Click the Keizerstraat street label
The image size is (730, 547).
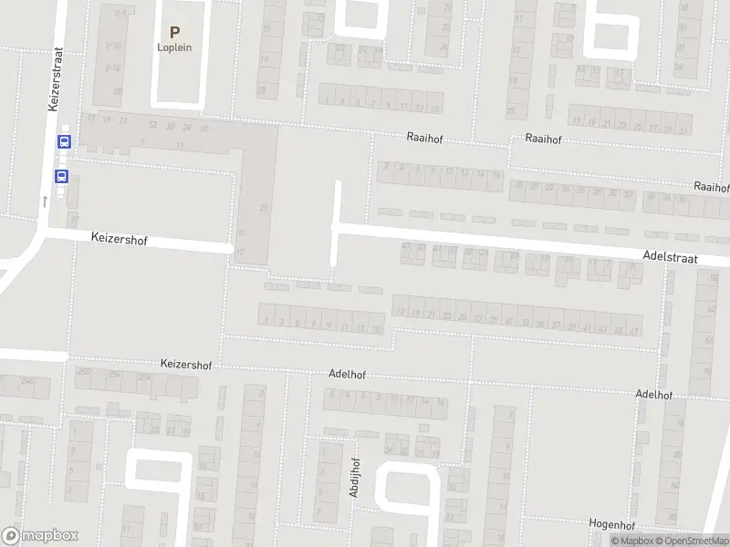[54, 80]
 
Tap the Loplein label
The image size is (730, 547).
[174, 48]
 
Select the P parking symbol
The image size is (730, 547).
[174, 32]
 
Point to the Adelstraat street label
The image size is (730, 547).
[670, 259]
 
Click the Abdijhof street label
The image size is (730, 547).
[354, 478]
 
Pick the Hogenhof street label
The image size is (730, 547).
[612, 525]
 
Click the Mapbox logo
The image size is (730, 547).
[39, 536]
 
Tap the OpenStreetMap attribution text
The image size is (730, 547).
[691, 541]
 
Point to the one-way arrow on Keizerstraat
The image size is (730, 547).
[45, 199]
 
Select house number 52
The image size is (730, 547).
[153, 126]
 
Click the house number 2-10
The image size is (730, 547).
[113, 45]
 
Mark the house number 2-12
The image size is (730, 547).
[113, 67]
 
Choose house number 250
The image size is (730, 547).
[85, 372]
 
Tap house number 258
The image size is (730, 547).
[143, 376]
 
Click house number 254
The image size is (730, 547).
[115, 374]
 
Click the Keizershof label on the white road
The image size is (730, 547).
[119, 240]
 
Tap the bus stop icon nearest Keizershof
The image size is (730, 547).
[62, 176]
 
